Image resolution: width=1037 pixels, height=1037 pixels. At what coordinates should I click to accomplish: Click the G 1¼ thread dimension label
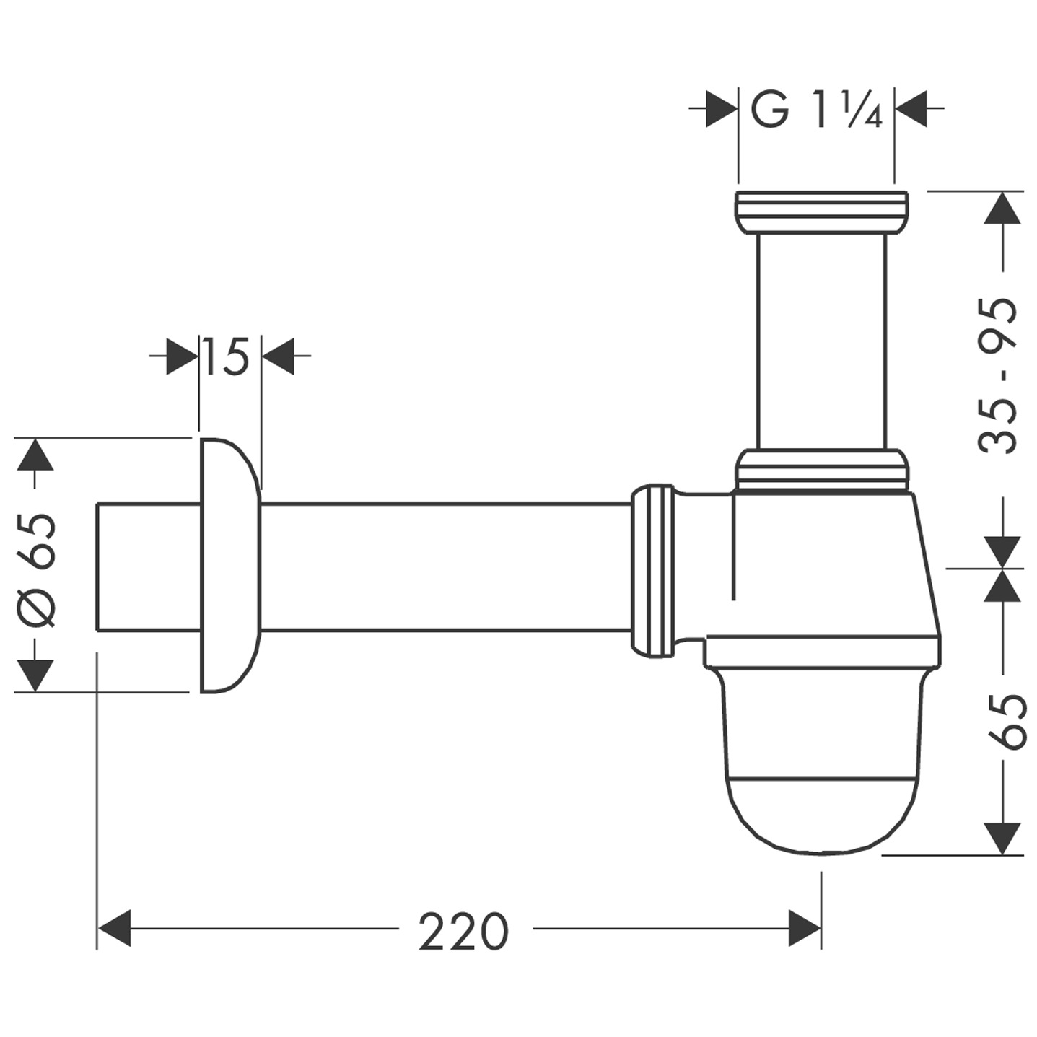coord(815,110)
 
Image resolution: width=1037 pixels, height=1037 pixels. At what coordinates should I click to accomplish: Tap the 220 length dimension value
coord(463,932)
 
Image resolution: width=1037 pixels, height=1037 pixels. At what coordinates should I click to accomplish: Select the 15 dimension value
coord(226,356)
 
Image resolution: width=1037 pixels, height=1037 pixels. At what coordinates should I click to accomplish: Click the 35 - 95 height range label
coord(999,375)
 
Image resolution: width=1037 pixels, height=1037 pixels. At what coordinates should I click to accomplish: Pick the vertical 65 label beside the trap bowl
coord(1005,722)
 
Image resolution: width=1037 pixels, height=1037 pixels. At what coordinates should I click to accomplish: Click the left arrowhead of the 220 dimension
coord(114,928)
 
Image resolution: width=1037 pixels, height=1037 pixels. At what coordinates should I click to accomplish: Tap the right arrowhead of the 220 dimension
coord(804,928)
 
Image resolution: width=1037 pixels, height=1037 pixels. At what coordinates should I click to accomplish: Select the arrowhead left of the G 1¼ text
coord(721,109)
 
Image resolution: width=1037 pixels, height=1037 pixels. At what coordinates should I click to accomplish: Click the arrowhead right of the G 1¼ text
coord(911,109)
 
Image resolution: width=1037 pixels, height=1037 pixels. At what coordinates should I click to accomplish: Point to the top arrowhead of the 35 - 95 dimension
coord(1003,209)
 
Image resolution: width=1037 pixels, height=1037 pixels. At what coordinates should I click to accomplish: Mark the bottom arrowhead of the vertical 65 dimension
coord(1003,838)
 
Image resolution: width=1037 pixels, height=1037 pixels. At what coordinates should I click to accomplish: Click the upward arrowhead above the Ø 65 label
coord(35,456)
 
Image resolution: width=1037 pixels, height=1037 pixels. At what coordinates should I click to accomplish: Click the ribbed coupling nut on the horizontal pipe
coord(653,570)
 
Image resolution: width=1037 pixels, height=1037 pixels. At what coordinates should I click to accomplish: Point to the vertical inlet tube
coord(821,339)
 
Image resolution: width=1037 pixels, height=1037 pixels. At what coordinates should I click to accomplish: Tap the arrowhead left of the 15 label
coord(182,356)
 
